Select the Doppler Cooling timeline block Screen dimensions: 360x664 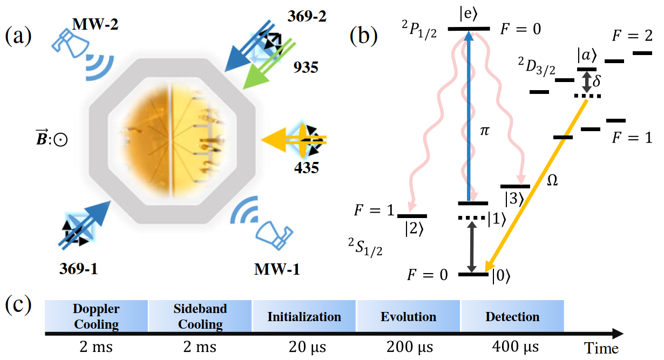pos(96,317)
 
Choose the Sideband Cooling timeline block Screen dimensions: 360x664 pos(200,317)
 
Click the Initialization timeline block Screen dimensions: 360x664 pos(304,317)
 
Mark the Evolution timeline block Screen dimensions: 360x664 pos(408,317)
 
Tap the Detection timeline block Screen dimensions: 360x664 pos(512,317)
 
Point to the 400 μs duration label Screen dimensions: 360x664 pos(512,346)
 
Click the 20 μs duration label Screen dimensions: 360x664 pos(304,346)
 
